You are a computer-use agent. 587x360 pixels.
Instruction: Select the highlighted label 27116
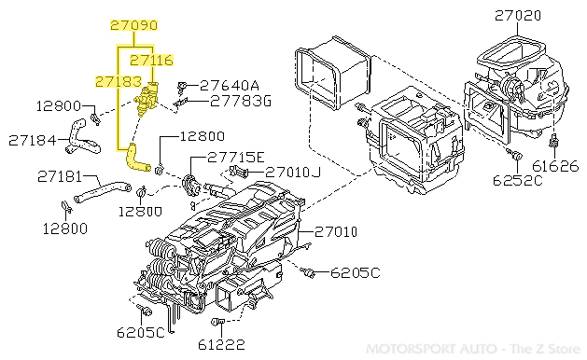pyautogui.click(x=151, y=60)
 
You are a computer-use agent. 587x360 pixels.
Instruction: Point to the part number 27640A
pyautogui.click(x=230, y=83)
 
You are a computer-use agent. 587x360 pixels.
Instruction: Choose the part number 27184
pyautogui.click(x=34, y=141)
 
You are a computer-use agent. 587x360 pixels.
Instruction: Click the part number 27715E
pyautogui.click(x=235, y=157)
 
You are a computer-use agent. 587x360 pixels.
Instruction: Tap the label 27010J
pyautogui.click(x=291, y=173)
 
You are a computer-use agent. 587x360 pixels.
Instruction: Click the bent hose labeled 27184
pyautogui.click(x=78, y=138)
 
